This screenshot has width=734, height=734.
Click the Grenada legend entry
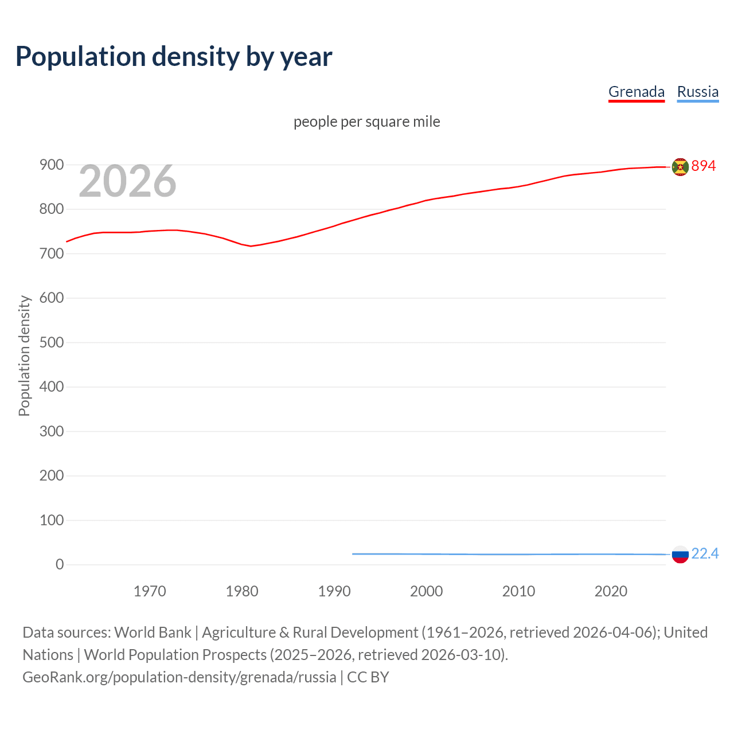point(636,92)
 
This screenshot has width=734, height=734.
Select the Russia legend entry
point(697,92)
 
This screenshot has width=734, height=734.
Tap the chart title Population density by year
point(174,57)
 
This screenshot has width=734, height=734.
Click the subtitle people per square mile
point(366,122)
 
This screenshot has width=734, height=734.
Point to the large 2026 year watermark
point(127,181)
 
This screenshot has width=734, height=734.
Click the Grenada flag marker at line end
point(680,167)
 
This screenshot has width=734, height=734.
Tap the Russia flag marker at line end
point(680,555)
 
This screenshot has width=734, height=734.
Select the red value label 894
point(704,166)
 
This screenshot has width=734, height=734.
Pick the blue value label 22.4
point(705,553)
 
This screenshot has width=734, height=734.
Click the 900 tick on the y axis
point(52,165)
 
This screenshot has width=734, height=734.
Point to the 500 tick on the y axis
point(52,342)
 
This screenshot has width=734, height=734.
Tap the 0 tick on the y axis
point(60,565)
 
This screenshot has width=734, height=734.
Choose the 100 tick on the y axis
point(52,520)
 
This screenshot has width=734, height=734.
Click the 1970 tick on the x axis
point(150,591)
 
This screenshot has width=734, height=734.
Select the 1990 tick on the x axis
point(334,591)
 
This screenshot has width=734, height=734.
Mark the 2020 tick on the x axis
point(611,591)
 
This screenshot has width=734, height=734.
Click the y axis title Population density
point(24,356)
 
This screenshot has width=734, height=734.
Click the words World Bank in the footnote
point(153,633)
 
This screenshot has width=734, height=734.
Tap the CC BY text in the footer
point(368,677)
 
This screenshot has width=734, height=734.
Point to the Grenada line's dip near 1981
point(251,246)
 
